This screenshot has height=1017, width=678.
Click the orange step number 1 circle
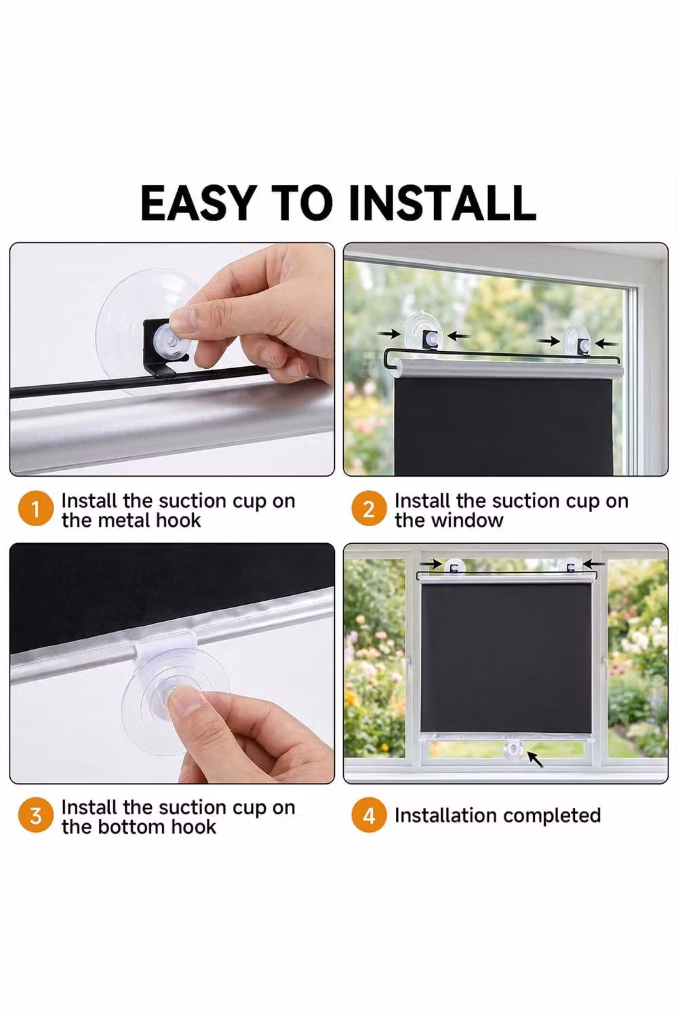coord(36,509)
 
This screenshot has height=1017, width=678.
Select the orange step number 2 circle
coord(369,509)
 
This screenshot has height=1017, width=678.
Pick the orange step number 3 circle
coord(36,816)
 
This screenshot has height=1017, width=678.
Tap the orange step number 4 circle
coord(369,816)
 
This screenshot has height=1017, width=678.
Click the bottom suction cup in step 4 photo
coord(515,749)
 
